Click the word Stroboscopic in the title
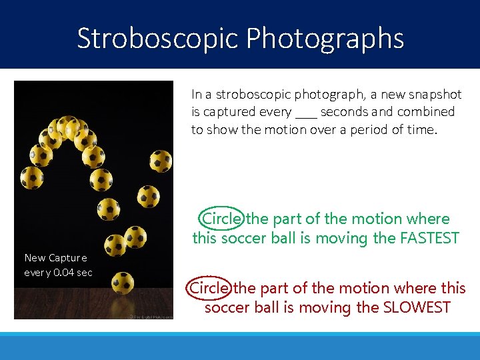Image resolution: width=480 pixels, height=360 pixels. pos(159,39)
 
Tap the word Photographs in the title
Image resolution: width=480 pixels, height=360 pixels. pos(325,39)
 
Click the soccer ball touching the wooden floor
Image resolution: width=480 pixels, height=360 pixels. pos(123,283)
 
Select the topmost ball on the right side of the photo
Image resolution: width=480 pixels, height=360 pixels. pos(161,161)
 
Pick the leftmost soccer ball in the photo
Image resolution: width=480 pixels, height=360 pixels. pos(32,178)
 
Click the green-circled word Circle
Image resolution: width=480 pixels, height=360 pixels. pos(221,219)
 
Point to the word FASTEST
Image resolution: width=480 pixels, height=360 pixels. pos(424,238)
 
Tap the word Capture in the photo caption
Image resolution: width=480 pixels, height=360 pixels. pos(68,257)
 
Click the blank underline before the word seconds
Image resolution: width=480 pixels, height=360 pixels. pos(306,113)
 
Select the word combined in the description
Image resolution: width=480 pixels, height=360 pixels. pos(426,112)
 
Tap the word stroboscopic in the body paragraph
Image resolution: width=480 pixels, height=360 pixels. pos(248,95)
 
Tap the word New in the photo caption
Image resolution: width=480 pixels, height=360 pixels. pos(35,257)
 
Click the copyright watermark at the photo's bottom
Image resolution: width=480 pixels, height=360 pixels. pos(149,316)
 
